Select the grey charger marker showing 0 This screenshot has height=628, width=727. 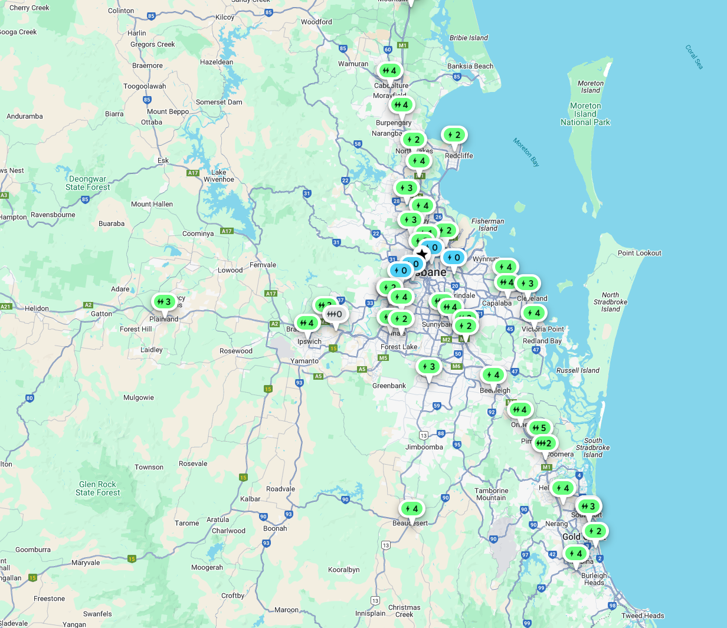[x=336, y=314]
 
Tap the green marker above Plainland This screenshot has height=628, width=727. [x=163, y=302]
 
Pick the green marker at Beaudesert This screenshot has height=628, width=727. [x=411, y=508]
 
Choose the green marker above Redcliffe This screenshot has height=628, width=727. [x=454, y=135]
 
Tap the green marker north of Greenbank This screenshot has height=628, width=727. [x=429, y=367]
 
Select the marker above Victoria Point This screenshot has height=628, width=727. [x=533, y=313]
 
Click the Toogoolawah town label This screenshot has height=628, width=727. [x=145, y=86]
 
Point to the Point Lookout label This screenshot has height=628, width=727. [x=640, y=253]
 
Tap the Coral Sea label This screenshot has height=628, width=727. [x=695, y=57]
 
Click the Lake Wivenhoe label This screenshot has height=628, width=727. [x=218, y=176]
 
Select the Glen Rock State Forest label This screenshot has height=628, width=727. [x=97, y=488]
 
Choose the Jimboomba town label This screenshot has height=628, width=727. [x=424, y=447]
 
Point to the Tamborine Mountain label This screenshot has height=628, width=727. [x=491, y=494]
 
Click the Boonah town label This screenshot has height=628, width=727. [x=275, y=528]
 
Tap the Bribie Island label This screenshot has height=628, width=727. [x=469, y=38]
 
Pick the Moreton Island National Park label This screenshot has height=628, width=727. [x=585, y=114]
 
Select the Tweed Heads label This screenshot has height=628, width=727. [x=643, y=616]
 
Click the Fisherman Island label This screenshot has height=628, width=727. [x=488, y=225]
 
